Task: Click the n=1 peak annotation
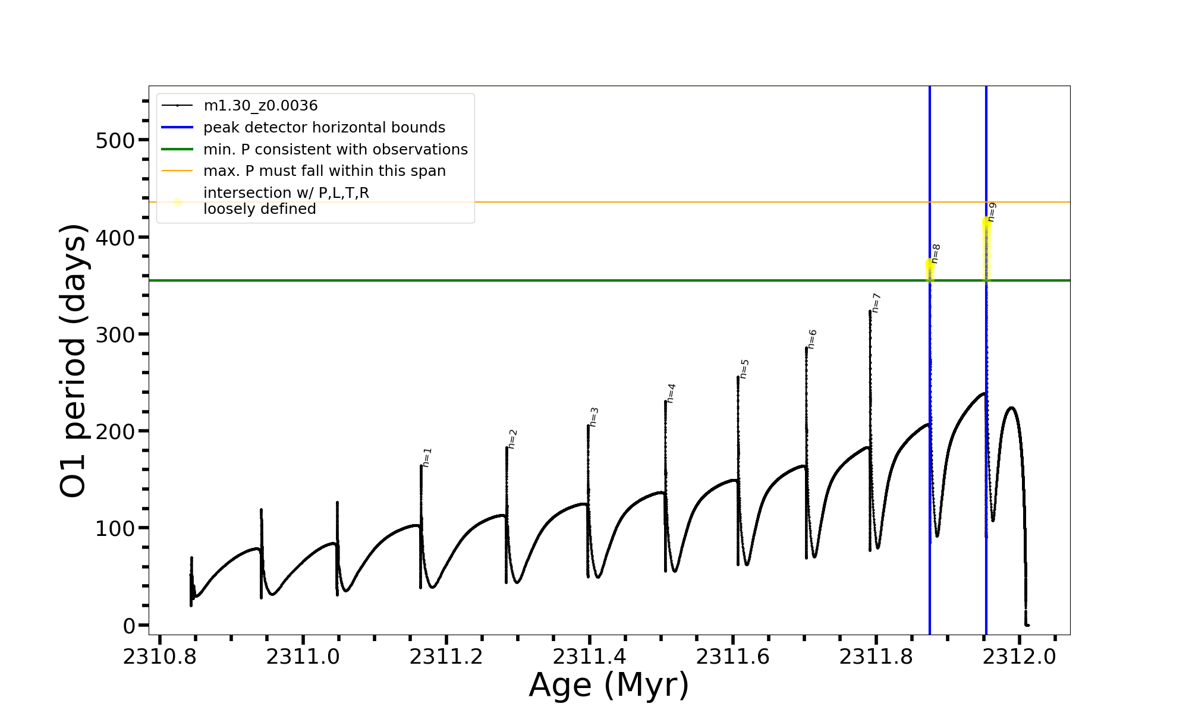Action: tap(427, 458)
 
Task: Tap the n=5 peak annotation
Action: tap(744, 369)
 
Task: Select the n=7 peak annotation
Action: tap(876, 303)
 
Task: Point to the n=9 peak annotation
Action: tap(992, 212)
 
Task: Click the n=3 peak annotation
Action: tap(594, 417)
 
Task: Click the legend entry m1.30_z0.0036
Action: tap(260, 106)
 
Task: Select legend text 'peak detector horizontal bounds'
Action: tap(324, 128)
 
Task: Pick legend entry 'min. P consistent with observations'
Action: tap(335, 149)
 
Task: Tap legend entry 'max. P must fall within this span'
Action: tap(324, 171)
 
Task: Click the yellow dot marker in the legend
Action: tap(177, 202)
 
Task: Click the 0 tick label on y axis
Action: tap(129, 626)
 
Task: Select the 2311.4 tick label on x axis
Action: tap(589, 657)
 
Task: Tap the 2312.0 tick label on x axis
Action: tap(1019, 657)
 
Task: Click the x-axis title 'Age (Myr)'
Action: tap(609, 685)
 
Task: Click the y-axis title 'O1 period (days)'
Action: tap(74, 361)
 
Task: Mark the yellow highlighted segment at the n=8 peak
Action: tap(930, 270)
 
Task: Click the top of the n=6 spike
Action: tap(807, 348)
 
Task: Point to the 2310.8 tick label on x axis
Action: tap(159, 657)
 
